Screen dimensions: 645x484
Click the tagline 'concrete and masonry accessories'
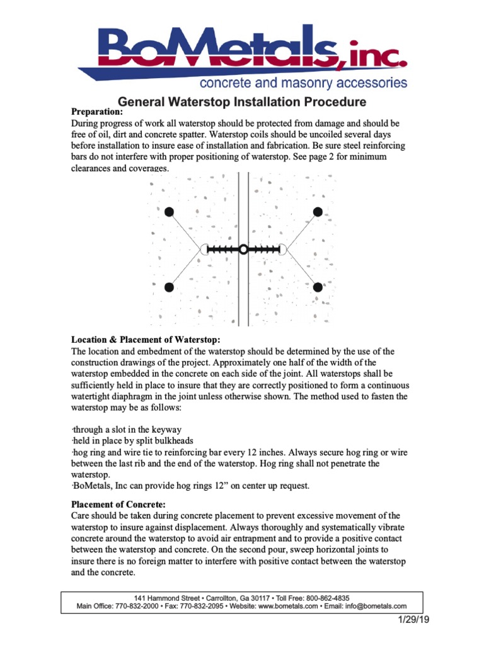302,83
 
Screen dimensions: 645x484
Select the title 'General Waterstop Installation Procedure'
242,101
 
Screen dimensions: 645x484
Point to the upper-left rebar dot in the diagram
169,212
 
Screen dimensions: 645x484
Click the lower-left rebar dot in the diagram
169,287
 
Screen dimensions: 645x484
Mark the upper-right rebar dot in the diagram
318,211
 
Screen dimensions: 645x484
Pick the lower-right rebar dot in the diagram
318,287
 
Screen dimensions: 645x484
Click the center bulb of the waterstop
243,249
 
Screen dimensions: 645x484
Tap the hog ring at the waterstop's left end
204,249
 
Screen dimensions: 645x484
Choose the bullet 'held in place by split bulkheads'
132,441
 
